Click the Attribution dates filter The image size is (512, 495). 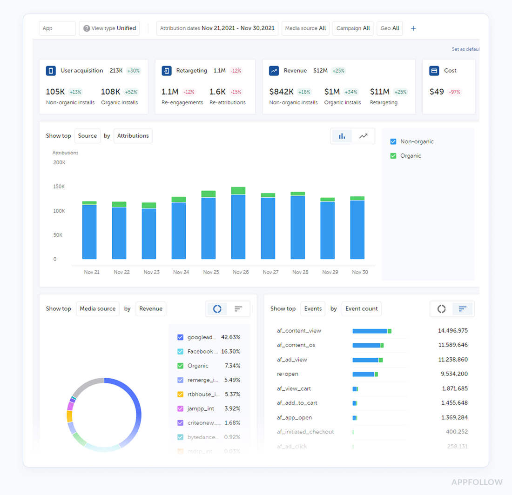(217, 28)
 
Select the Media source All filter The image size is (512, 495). (305, 28)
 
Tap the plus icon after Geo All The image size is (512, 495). (413, 28)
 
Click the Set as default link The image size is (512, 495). (465, 49)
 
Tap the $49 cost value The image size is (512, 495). (437, 92)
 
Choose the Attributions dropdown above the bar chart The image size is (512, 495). (133, 136)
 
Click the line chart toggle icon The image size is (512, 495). (363, 136)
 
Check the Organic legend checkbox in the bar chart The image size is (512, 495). (393, 156)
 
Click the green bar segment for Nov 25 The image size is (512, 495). (209, 194)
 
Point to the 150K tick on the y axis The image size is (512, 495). (59, 187)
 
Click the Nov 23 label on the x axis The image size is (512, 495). (151, 272)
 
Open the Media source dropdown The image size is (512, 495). (97, 308)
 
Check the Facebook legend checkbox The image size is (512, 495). (181, 352)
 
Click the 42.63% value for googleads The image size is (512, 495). (230, 337)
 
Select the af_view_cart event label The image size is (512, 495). (294, 388)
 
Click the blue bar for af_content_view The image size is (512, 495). (370, 331)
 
